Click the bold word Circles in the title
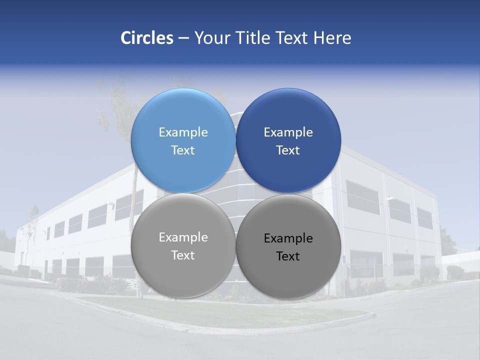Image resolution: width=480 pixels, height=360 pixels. (x=146, y=38)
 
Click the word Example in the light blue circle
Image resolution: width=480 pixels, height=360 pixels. (x=183, y=132)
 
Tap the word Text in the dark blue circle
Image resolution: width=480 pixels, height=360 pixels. (x=288, y=150)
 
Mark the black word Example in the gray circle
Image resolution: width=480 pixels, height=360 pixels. (x=288, y=238)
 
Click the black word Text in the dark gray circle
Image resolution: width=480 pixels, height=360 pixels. (x=288, y=256)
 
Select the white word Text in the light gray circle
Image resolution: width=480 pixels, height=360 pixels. (x=183, y=255)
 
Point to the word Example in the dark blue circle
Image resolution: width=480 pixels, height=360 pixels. (x=288, y=132)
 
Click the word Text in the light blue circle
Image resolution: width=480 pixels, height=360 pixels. (x=183, y=150)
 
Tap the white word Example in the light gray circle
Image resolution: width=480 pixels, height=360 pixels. (x=183, y=237)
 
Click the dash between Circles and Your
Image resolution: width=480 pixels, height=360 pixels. (x=183, y=38)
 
